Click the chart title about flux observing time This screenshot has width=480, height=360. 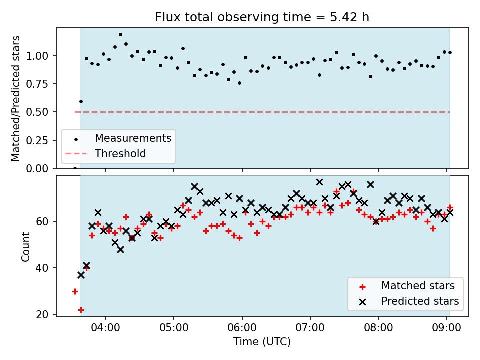click(262, 17)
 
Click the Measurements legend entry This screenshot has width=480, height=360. click(133, 138)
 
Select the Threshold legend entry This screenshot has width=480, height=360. click(120, 154)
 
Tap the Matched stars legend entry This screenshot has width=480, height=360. click(418, 286)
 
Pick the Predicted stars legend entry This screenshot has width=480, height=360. click(420, 301)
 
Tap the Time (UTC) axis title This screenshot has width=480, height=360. click(262, 342)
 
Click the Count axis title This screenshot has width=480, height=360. click(25, 246)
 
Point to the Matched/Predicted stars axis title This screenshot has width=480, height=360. click(16, 98)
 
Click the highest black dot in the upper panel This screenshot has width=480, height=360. click(120, 35)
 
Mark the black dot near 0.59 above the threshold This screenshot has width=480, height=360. click(81, 101)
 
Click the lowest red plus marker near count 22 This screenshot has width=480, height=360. click(81, 310)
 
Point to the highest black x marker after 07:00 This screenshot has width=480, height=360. click(319, 182)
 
